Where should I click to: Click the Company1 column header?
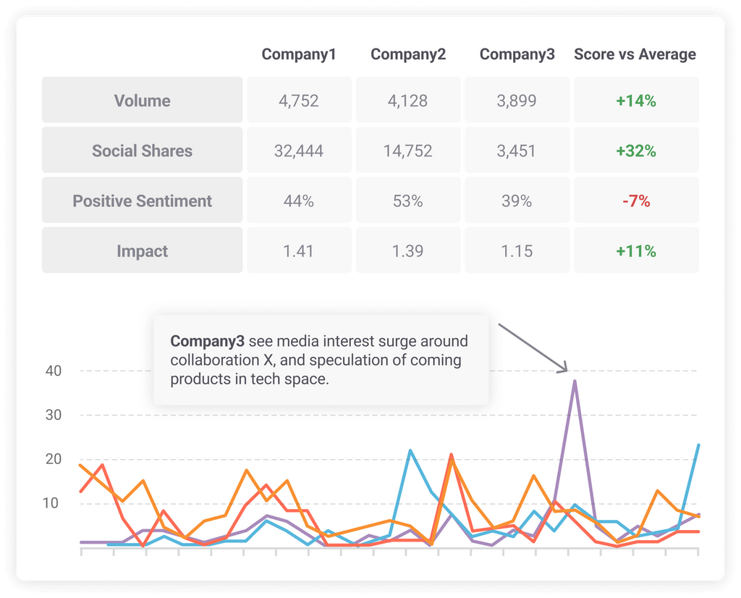point(299,54)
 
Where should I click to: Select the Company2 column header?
point(408,54)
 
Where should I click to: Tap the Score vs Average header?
point(635,54)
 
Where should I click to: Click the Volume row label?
point(143,101)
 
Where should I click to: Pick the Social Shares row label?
point(143,151)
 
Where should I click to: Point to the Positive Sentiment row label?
point(143,201)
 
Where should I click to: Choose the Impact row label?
point(143,251)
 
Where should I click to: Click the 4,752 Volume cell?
point(299,101)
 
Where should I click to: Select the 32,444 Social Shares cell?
point(299,151)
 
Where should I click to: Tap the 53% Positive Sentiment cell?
point(408,201)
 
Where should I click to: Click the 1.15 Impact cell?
point(517,251)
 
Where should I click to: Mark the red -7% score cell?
point(636,201)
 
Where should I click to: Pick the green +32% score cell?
point(636,151)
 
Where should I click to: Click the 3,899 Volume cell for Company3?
point(517,101)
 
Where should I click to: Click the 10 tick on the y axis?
point(50,503)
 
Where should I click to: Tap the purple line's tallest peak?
point(575,381)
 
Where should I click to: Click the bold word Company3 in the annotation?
point(207,341)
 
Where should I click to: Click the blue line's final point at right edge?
point(698,445)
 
